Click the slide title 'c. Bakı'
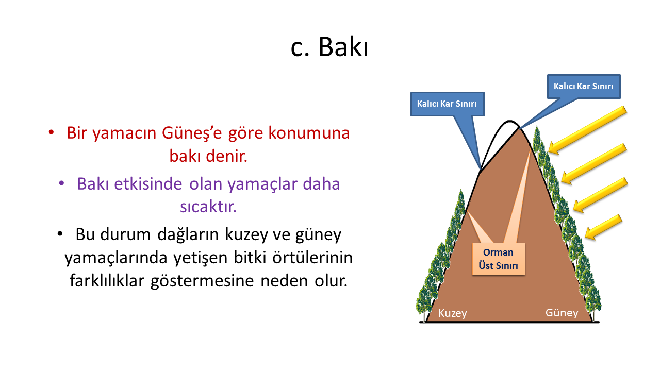coord(329,47)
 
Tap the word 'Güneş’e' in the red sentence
coord(192,133)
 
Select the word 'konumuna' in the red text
coord(309,133)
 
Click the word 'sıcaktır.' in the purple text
coord(208,207)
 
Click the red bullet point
coord(51,132)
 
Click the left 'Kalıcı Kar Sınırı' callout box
coord(447,104)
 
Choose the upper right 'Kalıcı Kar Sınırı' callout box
coord(584,86)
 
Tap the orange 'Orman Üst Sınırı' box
coord(499,259)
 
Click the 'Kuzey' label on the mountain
coord(453,313)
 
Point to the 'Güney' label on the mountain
coord(562,313)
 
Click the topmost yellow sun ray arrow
coord(587,130)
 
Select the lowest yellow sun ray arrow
coord(603,227)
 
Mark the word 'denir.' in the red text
coord(226,156)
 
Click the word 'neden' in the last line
coord(284,281)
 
